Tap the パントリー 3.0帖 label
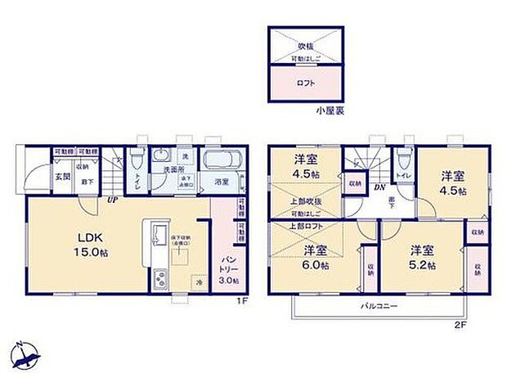point(227,269)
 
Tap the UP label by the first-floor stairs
point(108,200)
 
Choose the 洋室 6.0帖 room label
point(312,258)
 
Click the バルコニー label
point(379,307)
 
